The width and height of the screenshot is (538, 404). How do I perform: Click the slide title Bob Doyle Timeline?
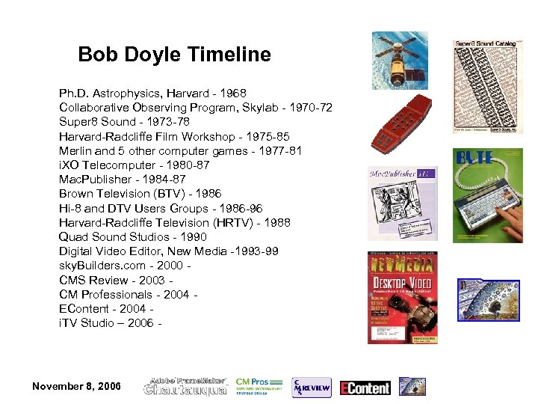pyautogui.click(x=174, y=55)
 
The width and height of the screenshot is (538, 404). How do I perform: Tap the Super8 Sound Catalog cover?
pyautogui.click(x=485, y=86)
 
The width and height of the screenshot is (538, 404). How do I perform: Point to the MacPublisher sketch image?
pyautogui.click(x=402, y=203)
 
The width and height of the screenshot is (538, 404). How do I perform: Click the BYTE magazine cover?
pyautogui.click(x=488, y=195)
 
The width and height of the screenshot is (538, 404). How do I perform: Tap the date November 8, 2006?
pyautogui.click(x=77, y=386)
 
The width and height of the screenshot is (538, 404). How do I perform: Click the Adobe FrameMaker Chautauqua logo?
pyautogui.click(x=186, y=386)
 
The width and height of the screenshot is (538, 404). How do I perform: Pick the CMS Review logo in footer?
pyautogui.click(x=311, y=386)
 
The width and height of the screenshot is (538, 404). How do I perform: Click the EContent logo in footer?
pyautogui.click(x=365, y=387)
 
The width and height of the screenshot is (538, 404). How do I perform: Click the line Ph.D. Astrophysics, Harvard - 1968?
pyautogui.click(x=152, y=94)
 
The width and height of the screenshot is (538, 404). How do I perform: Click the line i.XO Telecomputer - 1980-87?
pyautogui.click(x=134, y=165)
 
